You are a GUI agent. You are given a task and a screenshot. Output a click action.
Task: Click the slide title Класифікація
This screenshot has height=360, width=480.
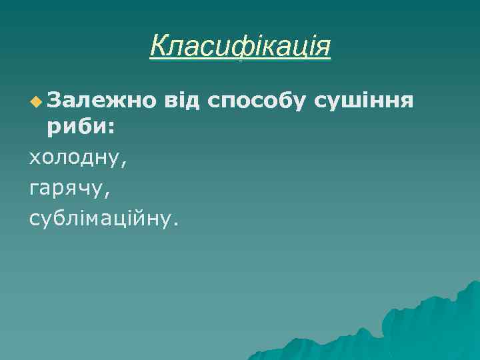click(240, 47)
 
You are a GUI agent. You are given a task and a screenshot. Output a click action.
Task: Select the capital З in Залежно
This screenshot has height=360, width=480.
click(54, 101)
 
